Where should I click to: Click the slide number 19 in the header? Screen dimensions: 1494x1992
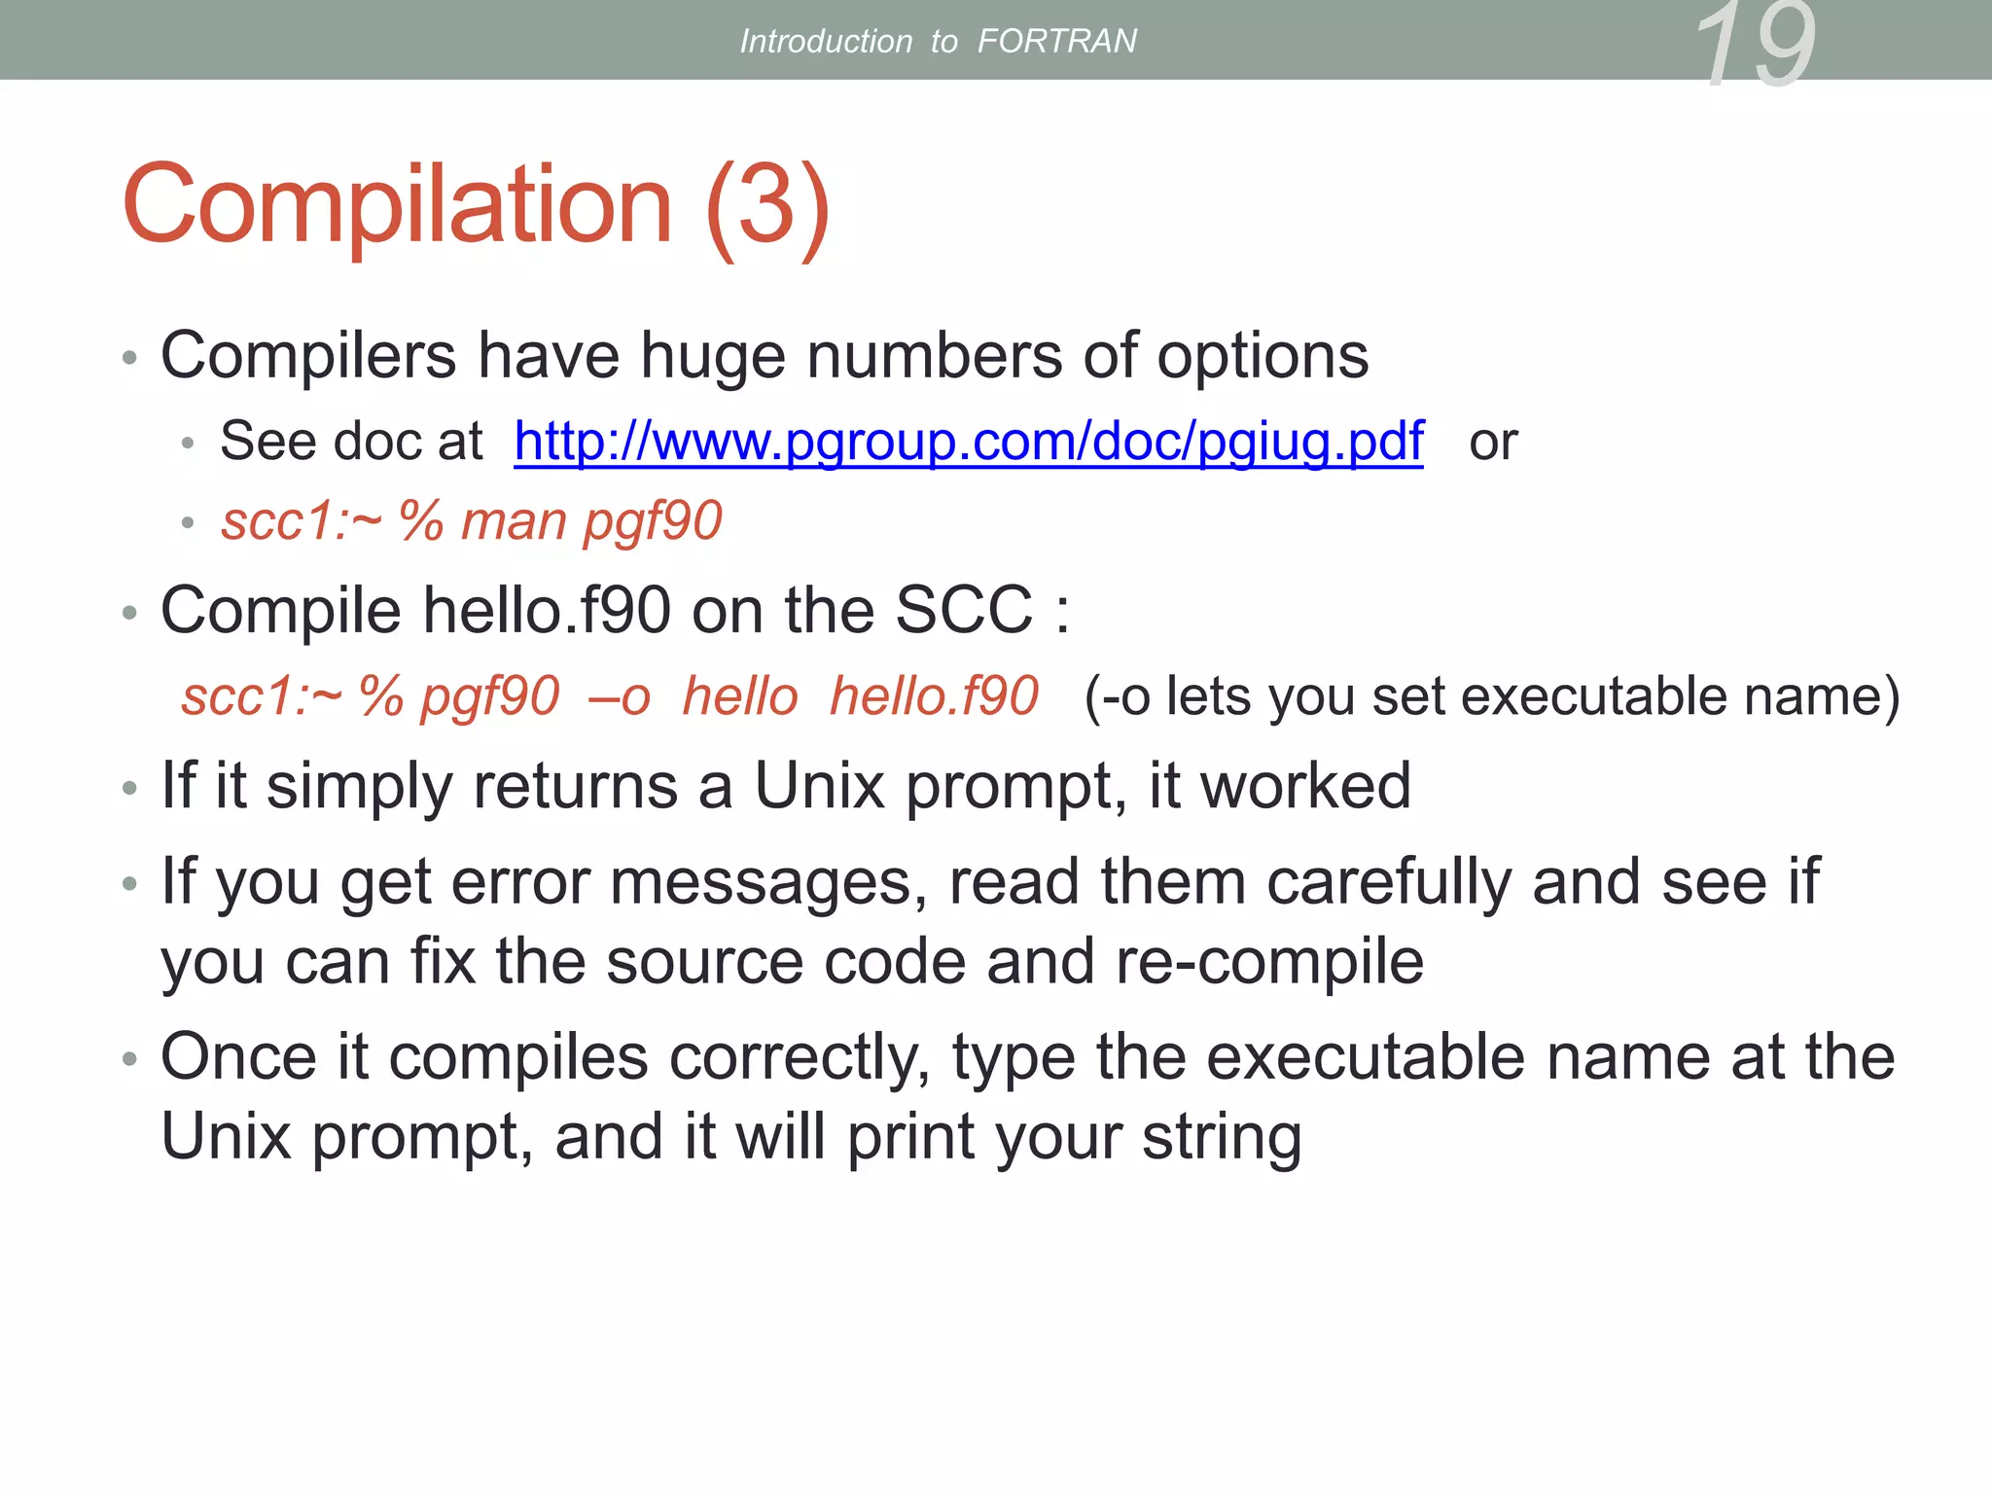(x=1755, y=44)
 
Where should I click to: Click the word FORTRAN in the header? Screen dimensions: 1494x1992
(x=1056, y=41)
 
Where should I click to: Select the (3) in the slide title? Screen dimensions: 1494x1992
(x=767, y=206)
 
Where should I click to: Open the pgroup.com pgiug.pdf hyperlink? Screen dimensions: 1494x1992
(x=969, y=442)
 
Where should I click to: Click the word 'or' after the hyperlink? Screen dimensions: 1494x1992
(x=1493, y=443)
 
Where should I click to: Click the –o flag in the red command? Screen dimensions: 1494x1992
(x=620, y=696)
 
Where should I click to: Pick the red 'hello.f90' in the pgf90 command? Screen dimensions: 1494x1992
(x=934, y=696)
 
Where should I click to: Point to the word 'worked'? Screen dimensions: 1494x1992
(x=1305, y=786)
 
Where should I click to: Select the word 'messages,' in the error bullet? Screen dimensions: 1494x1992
(x=767, y=882)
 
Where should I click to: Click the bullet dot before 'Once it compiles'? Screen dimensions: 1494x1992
(x=129, y=1058)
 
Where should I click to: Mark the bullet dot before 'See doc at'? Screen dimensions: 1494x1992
(x=188, y=444)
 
